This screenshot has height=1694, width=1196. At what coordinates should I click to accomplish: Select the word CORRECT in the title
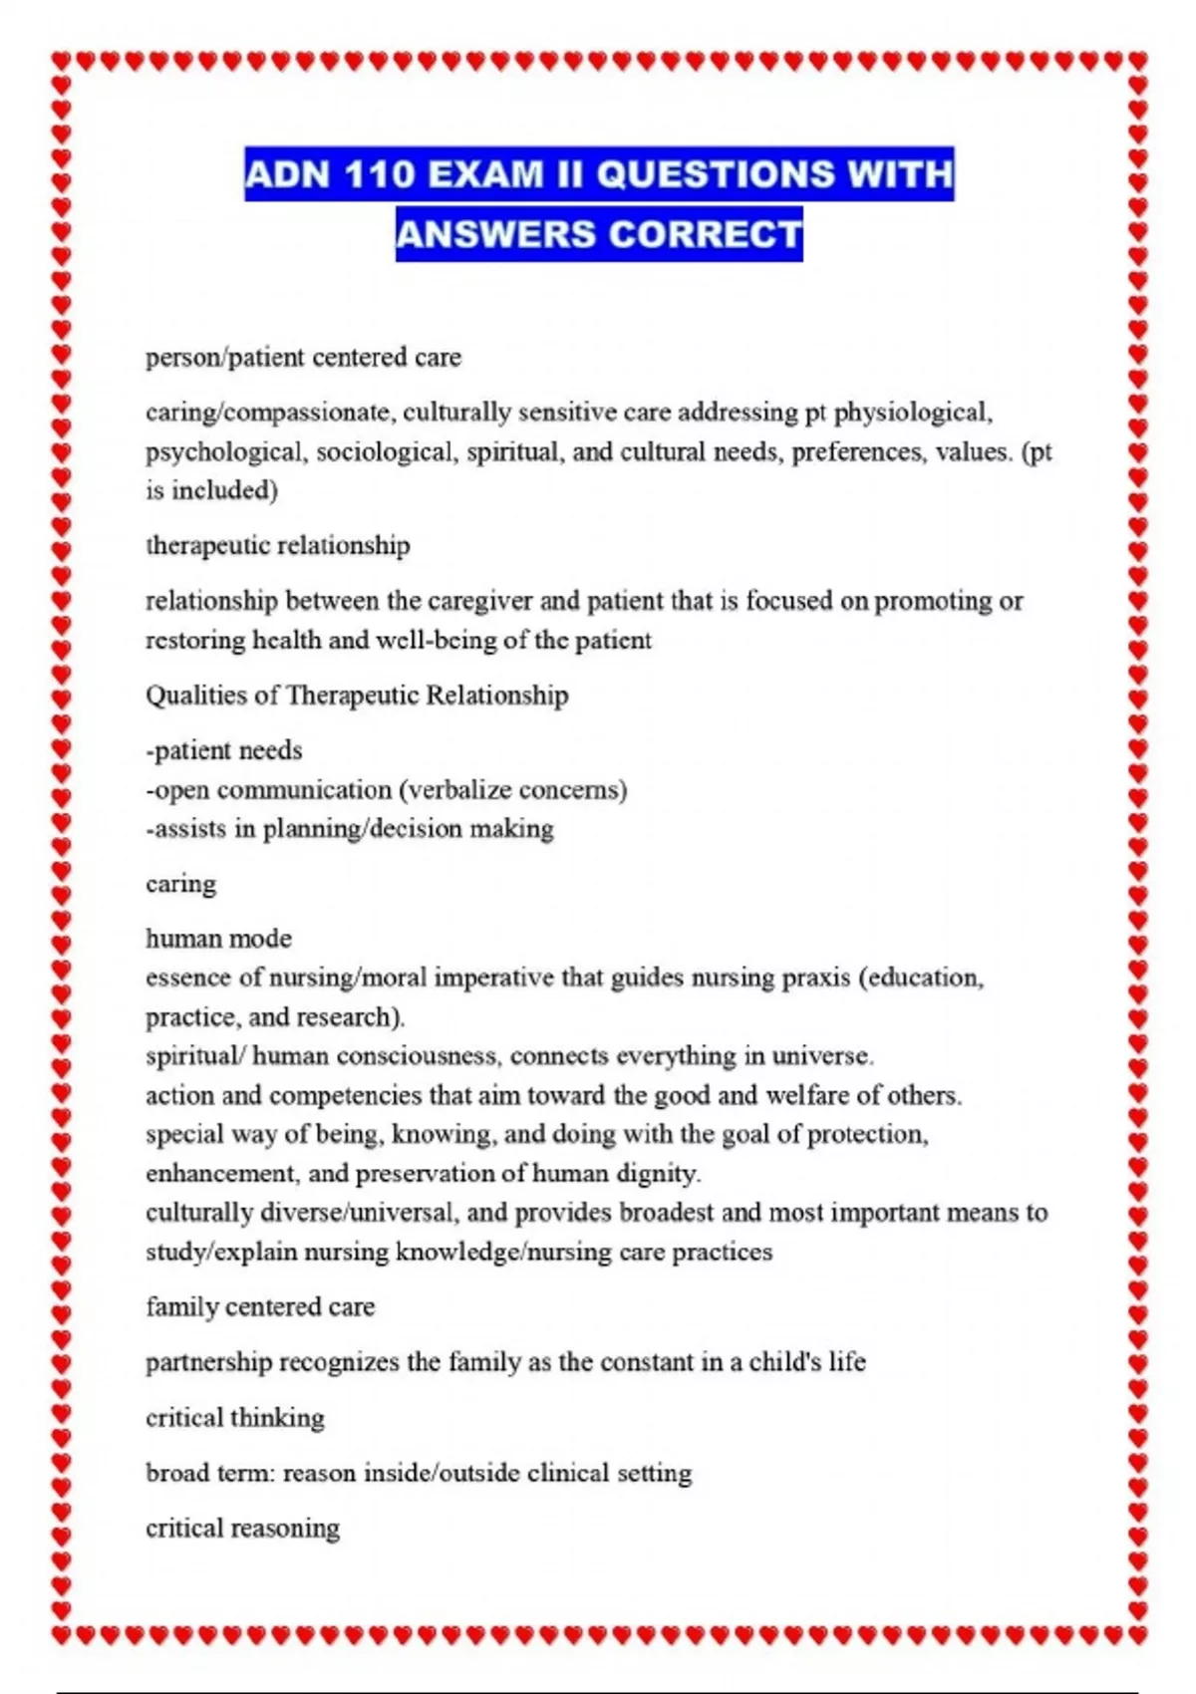(x=705, y=234)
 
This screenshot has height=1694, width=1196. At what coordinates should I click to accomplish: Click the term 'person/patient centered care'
(x=303, y=357)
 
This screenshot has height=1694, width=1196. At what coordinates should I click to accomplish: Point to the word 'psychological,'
(x=226, y=452)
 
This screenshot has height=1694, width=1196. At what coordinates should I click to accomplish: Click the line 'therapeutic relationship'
(x=277, y=545)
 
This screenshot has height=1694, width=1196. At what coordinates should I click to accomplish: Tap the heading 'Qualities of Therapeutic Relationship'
(x=357, y=695)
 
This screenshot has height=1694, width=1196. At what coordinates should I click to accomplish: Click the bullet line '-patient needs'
(x=223, y=750)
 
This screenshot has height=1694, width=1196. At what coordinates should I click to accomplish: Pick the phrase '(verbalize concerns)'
(x=512, y=790)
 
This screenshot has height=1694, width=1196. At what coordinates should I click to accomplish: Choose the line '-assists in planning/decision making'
(x=349, y=829)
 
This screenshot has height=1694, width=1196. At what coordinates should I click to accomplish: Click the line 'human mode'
(x=218, y=939)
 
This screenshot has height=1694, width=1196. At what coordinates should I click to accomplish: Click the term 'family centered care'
(x=260, y=1306)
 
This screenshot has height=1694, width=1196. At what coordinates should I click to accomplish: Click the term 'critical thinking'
(x=235, y=1417)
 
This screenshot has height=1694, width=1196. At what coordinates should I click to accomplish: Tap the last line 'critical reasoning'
(x=242, y=1528)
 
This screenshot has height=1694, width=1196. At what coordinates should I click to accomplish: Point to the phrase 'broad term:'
(x=209, y=1473)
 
